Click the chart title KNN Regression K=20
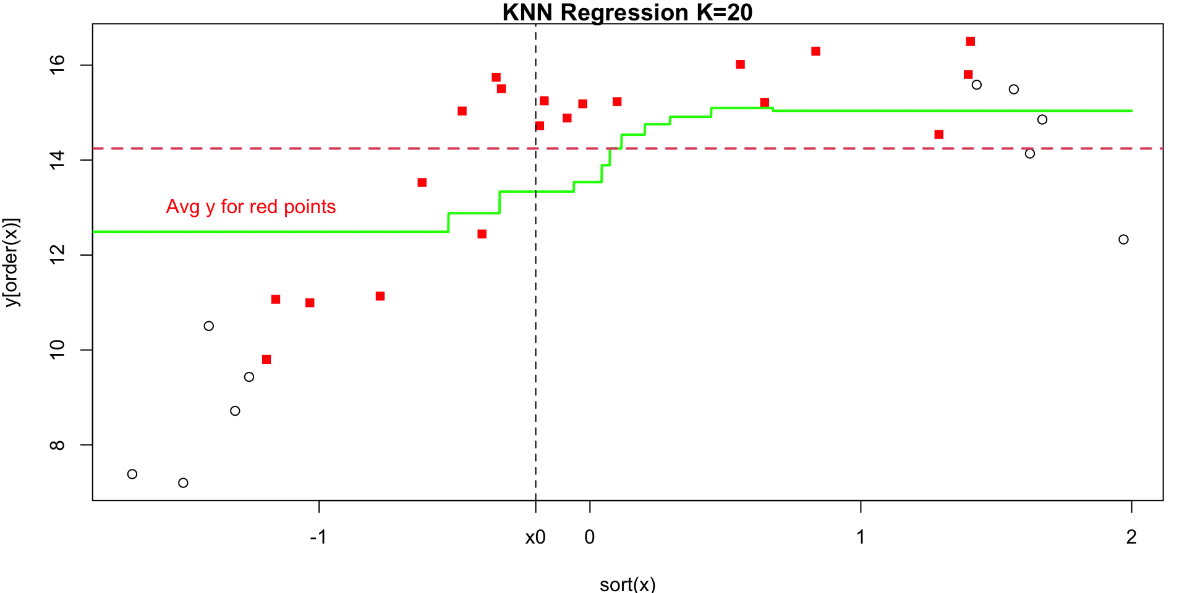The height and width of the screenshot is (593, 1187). (628, 12)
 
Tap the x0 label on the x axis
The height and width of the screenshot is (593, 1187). (535, 537)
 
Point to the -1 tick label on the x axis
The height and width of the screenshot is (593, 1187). (318, 537)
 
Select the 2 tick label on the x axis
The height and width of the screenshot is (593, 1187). (1131, 537)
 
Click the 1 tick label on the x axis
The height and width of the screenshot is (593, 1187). (861, 537)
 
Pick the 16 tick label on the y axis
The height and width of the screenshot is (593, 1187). (57, 65)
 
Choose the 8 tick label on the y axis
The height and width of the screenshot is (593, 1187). (57, 445)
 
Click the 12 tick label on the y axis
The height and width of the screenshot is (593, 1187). (57, 254)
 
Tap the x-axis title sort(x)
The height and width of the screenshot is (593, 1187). (628, 584)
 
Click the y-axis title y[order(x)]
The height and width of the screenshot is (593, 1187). (12, 262)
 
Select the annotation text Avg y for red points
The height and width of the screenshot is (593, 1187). (251, 206)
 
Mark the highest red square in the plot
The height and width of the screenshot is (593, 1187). (971, 41)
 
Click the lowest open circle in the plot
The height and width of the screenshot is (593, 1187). (183, 482)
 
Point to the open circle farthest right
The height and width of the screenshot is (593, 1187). (1123, 239)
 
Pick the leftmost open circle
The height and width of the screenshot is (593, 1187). (132, 474)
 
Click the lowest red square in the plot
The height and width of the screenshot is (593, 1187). (266, 360)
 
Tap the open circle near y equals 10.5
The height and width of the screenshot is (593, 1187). (209, 326)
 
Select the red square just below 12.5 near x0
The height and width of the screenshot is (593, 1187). (482, 234)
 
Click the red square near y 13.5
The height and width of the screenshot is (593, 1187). (422, 182)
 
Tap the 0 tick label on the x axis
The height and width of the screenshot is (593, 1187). (590, 537)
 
